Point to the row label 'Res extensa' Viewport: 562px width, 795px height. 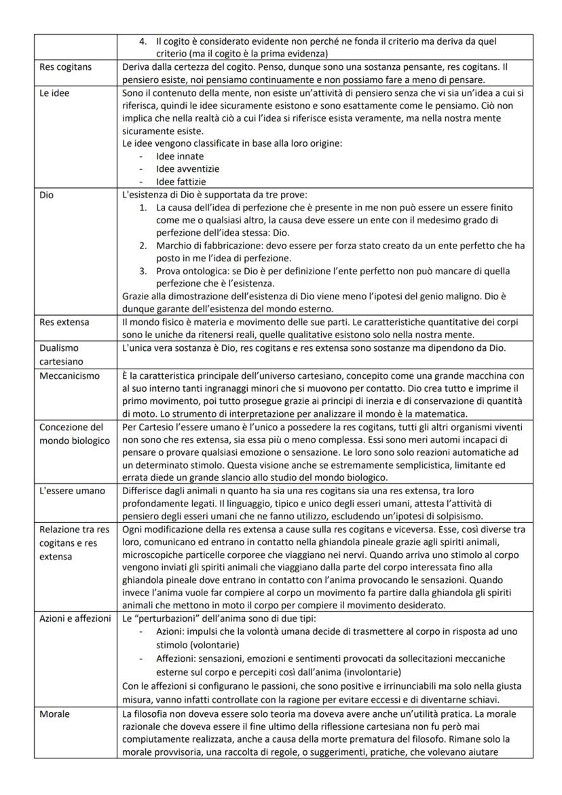(64, 321)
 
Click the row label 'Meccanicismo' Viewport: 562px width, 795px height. (69, 375)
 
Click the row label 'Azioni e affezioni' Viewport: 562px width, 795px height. (75, 618)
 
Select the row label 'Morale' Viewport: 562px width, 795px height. (55, 714)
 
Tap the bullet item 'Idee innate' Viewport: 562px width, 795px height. (179, 156)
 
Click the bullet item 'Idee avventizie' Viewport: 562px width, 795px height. (187, 169)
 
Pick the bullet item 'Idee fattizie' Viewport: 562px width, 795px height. (181, 182)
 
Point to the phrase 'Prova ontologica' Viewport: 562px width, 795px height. (190, 271)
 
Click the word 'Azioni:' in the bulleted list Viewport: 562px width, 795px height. (171, 631)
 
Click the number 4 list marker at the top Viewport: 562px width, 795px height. (143, 41)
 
